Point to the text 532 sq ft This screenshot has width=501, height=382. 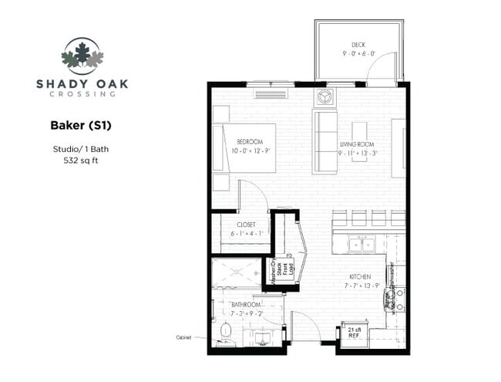(78, 161)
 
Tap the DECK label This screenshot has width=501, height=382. (358, 45)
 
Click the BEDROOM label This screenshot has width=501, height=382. (250, 141)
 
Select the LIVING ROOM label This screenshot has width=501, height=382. (356, 144)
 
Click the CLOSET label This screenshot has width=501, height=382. (246, 225)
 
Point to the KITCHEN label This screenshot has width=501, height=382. (359, 277)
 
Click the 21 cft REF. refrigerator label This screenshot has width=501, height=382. (354, 333)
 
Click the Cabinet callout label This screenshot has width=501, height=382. (183, 337)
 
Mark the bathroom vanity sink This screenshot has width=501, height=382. (256, 337)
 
